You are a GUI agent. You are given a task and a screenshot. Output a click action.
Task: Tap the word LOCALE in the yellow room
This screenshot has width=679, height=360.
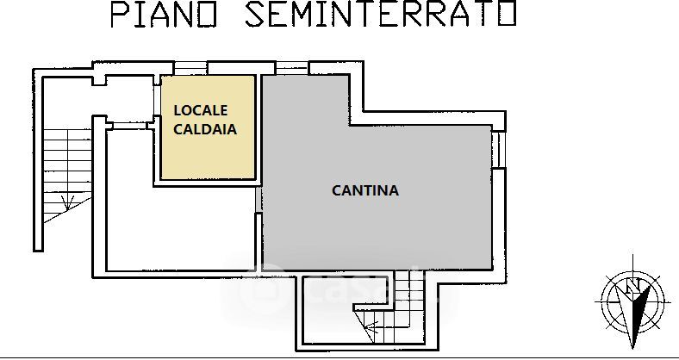[202, 110]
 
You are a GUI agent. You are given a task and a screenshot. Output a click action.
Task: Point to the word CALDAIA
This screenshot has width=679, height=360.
[205, 130]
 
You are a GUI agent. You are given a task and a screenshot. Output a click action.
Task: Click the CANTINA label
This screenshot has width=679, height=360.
[365, 190]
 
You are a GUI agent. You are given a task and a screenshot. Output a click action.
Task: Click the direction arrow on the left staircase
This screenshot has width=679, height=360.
[66, 202]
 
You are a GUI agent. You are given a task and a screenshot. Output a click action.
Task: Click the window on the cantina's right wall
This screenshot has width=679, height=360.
[497, 151]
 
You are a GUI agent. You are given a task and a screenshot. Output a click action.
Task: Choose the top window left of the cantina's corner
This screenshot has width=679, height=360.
[292, 67]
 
